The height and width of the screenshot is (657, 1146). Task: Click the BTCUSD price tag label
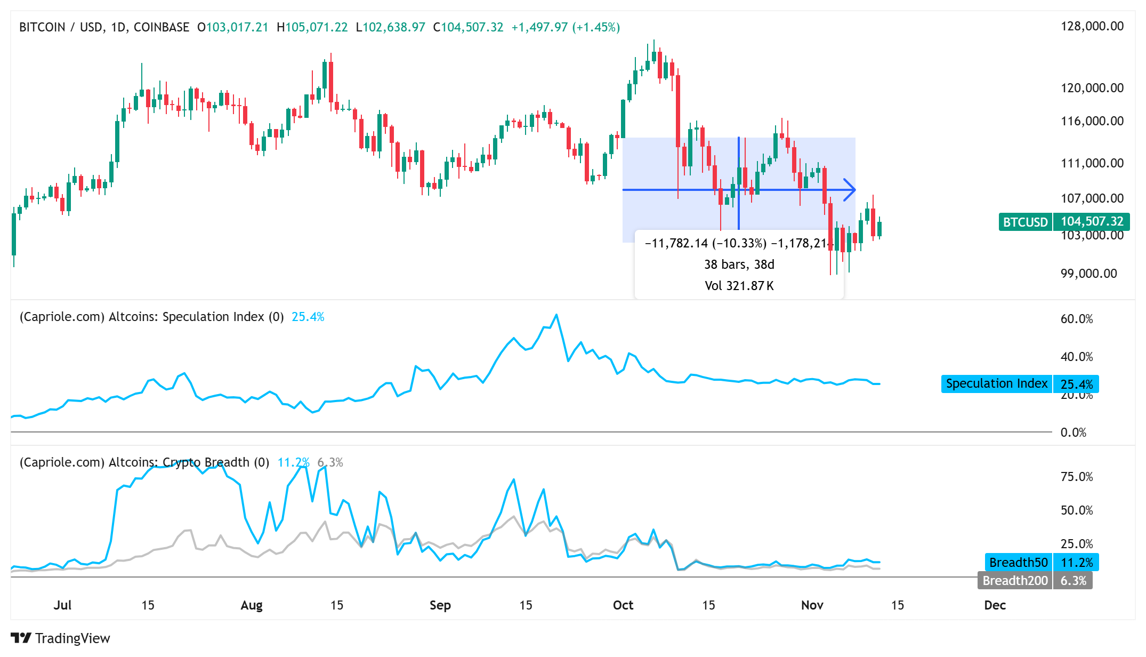(x=1025, y=222)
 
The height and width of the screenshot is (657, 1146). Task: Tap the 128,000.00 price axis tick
(x=1092, y=26)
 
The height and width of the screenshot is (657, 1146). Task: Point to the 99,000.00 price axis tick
(x=1088, y=274)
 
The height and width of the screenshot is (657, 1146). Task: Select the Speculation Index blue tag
(x=996, y=384)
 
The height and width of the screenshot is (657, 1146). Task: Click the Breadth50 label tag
(x=1018, y=562)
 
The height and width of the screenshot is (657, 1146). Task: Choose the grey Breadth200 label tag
(x=1014, y=580)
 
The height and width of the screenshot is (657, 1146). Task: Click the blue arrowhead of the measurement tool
(x=851, y=189)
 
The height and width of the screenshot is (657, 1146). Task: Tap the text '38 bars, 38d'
(x=739, y=265)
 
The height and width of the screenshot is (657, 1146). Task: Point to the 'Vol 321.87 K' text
(x=739, y=286)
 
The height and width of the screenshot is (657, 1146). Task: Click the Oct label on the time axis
(x=623, y=605)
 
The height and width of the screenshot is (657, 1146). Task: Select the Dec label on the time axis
(x=995, y=605)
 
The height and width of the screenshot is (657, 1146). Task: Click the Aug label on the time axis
(x=251, y=605)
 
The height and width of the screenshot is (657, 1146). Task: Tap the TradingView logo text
(x=72, y=638)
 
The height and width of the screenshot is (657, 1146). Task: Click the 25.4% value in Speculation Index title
(x=308, y=317)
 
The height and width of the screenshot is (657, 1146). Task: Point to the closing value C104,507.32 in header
(x=467, y=27)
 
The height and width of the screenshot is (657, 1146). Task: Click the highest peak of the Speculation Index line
(x=556, y=315)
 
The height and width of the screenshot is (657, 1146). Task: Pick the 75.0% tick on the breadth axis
(x=1076, y=476)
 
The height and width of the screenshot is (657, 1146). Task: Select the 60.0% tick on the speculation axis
(x=1076, y=319)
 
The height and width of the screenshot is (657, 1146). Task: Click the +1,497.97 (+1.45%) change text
(x=565, y=27)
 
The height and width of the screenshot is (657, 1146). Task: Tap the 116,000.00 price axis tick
(x=1092, y=121)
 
